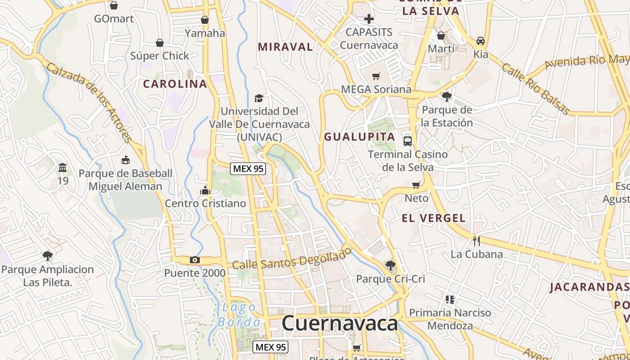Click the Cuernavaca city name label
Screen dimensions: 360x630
(340, 324)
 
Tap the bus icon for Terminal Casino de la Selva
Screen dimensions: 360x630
(408, 141)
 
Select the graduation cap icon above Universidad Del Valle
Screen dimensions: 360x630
(259, 98)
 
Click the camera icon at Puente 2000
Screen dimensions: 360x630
(195, 260)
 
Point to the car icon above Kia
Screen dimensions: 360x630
(481, 40)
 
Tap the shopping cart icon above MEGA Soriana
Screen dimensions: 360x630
(376, 76)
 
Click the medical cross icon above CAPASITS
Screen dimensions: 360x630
(369, 19)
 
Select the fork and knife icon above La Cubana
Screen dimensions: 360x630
(476, 241)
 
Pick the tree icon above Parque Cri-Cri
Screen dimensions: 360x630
(390, 265)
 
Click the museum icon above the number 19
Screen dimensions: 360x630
(63, 168)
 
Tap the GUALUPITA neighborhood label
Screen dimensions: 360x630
(360, 137)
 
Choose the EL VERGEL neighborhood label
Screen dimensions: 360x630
(433, 218)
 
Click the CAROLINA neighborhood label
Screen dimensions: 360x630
(175, 84)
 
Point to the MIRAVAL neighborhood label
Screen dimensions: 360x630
(285, 47)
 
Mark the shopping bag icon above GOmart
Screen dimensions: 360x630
(114, 5)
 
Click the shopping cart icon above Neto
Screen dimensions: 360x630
(416, 185)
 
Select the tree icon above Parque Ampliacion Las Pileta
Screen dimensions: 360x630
(47, 256)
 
